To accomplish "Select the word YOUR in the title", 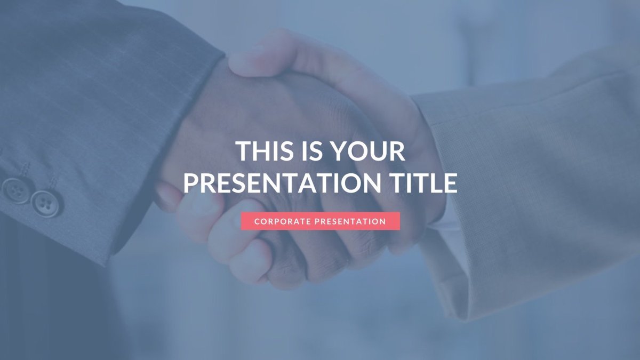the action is click(369, 151).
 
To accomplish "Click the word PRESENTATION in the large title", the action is click(282, 183).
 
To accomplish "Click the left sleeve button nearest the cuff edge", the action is click(46, 203).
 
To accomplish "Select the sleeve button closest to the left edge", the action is click(15, 190).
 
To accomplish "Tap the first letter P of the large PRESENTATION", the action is click(191, 183).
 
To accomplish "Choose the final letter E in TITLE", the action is click(451, 183).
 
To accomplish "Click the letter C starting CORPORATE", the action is click(257, 221).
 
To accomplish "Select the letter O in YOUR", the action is click(360, 151).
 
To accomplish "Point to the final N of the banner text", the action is click(383, 221).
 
